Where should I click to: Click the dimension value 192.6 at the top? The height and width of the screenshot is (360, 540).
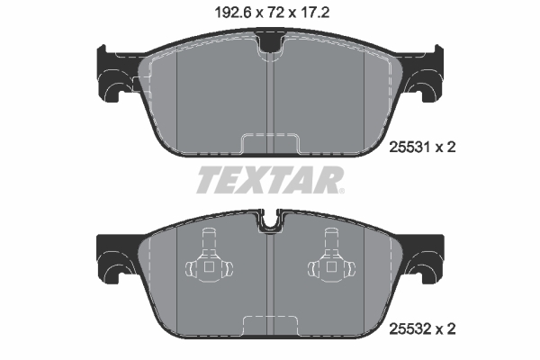[x=233, y=13]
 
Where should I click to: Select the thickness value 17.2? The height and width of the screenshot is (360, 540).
[x=314, y=13]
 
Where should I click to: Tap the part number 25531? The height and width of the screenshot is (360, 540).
[x=409, y=148]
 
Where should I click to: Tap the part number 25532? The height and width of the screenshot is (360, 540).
[x=409, y=329]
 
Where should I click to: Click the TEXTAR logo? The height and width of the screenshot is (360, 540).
[x=270, y=180]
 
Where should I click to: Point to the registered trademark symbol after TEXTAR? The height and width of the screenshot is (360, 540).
[x=341, y=191]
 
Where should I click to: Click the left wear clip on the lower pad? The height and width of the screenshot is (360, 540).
[x=209, y=256]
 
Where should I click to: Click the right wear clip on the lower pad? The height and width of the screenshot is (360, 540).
[x=331, y=256]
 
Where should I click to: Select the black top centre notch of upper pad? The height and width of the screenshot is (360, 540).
[x=270, y=41]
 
